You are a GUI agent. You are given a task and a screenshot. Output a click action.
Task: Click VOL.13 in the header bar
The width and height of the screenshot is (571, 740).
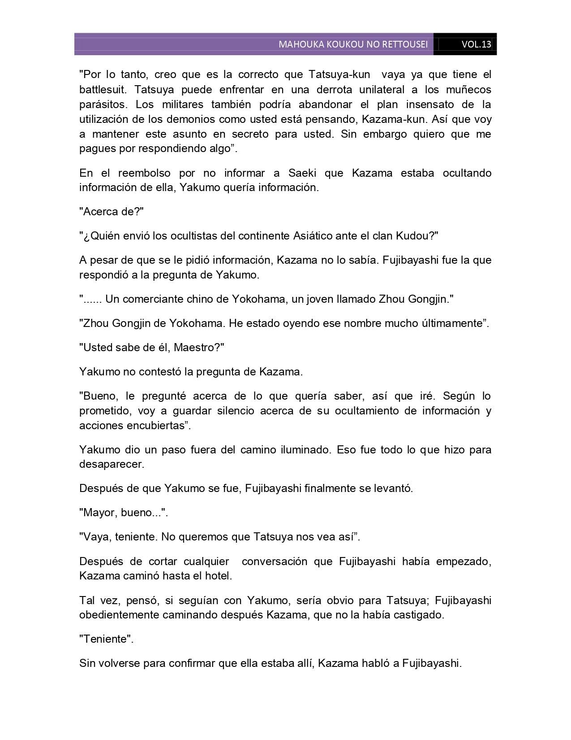(x=476, y=44)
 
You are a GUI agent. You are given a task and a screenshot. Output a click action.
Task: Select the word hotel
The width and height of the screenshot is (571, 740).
(x=219, y=576)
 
